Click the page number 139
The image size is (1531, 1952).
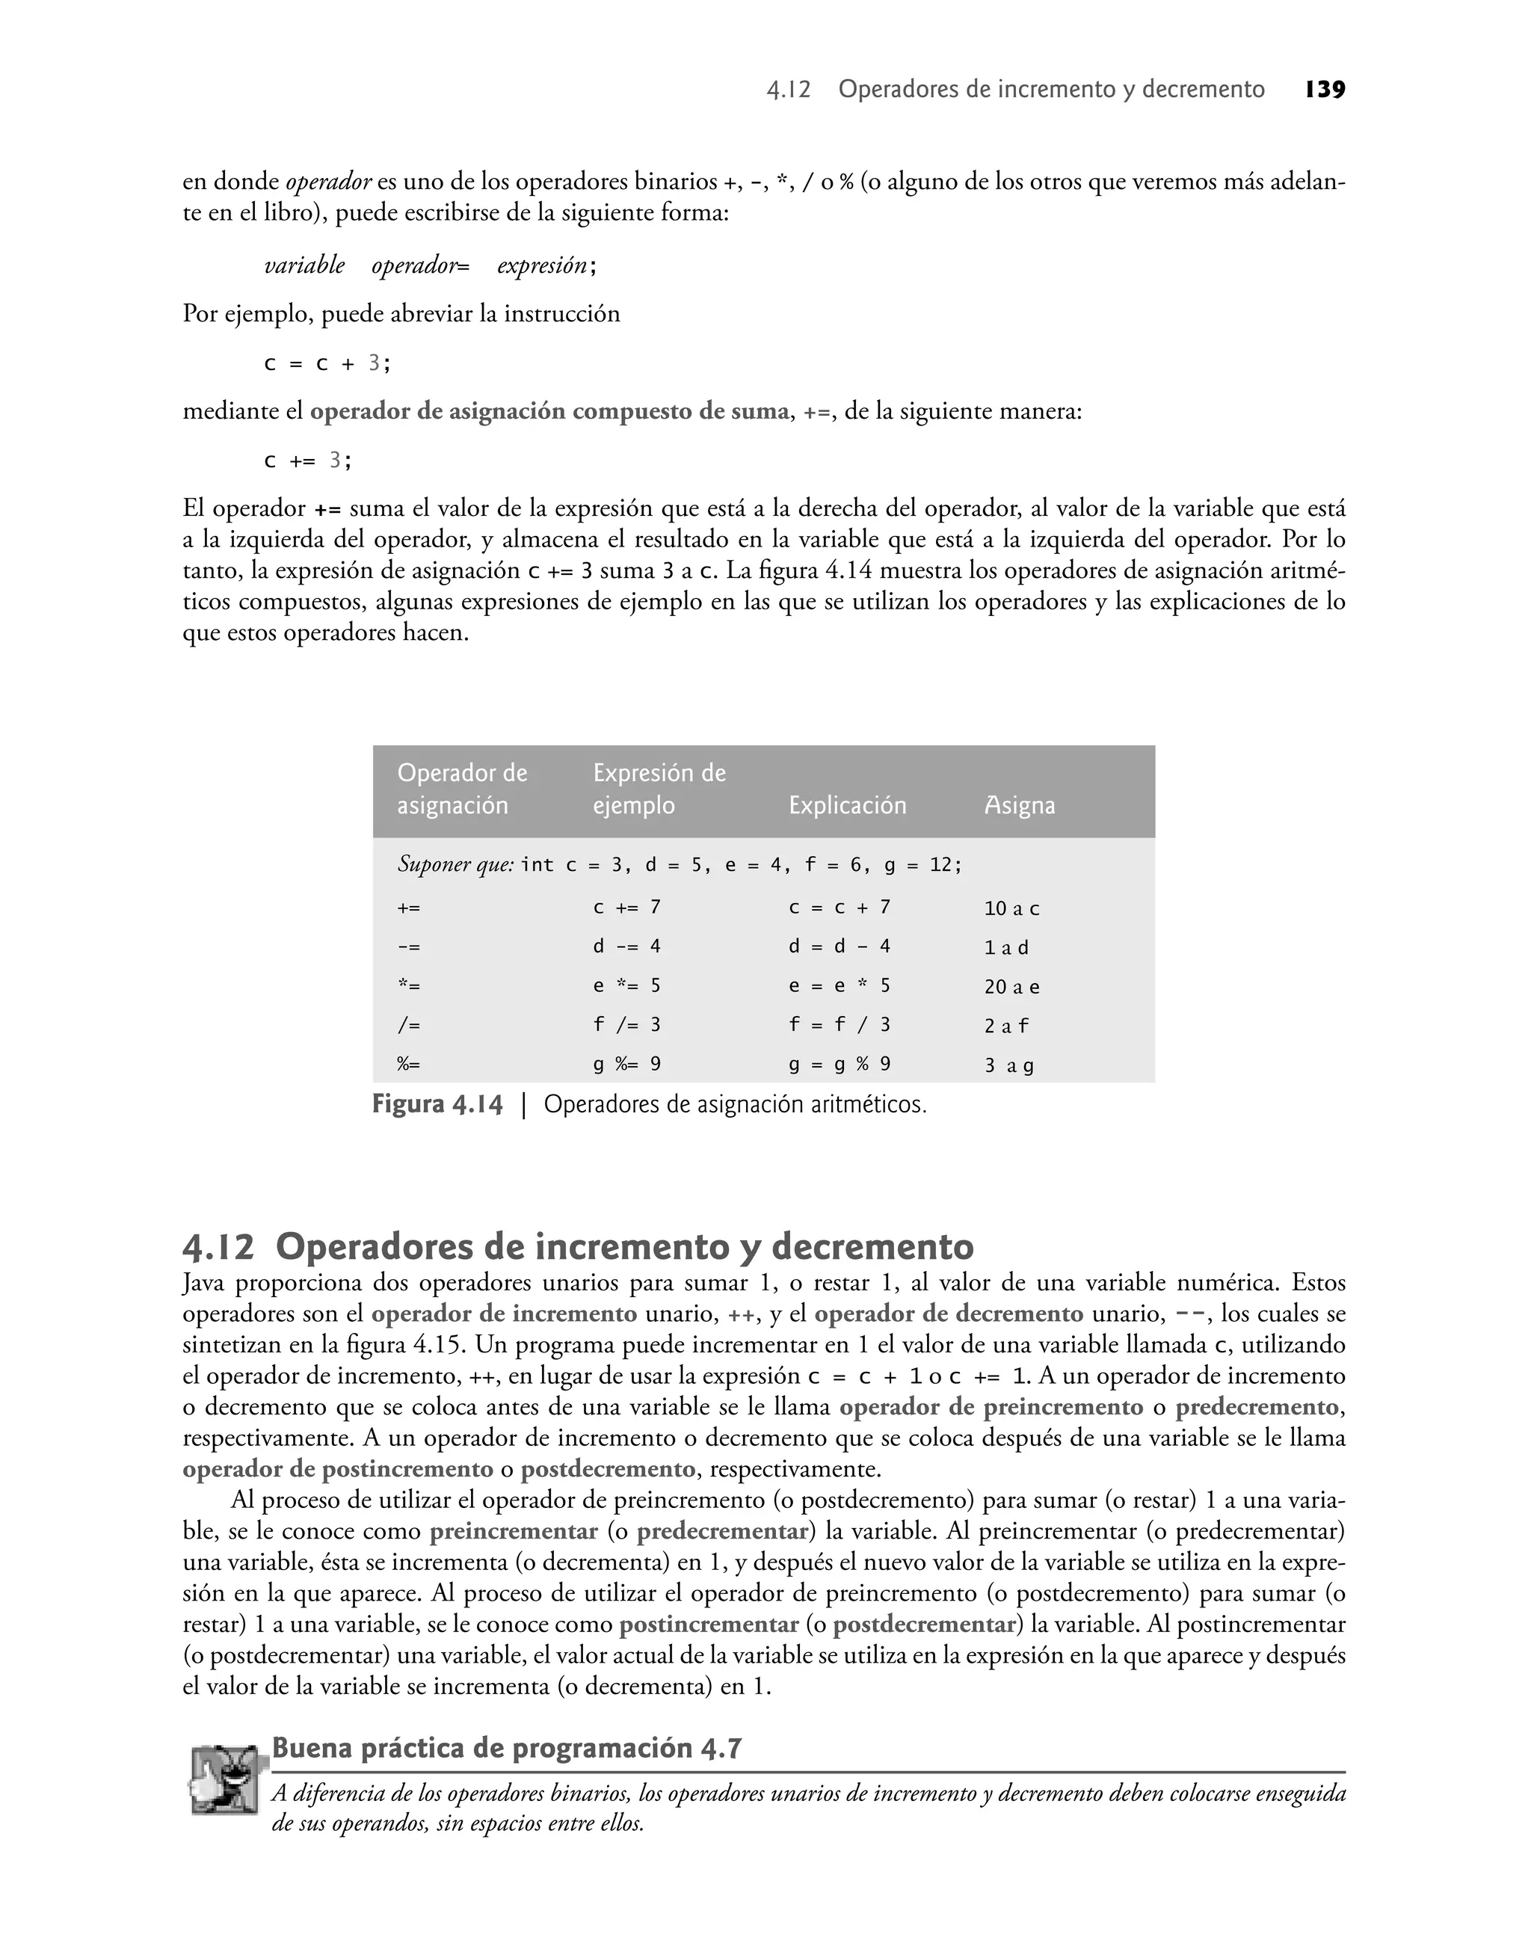1325,90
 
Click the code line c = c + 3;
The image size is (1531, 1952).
327,364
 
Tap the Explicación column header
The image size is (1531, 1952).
847,805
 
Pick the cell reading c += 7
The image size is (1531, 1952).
626,907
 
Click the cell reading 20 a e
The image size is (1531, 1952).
1011,987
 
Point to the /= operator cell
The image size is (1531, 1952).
409,1025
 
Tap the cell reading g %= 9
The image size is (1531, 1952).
626,1065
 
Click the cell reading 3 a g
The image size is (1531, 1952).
1008,1065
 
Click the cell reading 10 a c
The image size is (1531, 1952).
1011,908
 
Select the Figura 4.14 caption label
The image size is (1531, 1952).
437,1104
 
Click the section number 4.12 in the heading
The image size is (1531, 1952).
218,1247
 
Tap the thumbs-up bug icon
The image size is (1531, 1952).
229,1780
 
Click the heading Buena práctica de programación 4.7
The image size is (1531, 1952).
506,1749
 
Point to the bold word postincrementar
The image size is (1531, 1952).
708,1624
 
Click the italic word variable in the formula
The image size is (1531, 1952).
304,265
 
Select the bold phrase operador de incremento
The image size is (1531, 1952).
504,1314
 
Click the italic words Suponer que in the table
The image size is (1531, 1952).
455,864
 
